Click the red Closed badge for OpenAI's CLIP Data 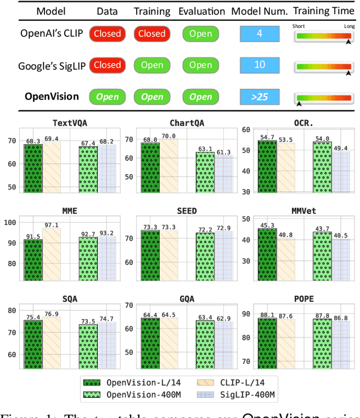[107, 34]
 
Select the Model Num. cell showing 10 [259, 65]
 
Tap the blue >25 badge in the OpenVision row [259, 97]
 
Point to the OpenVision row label [52, 96]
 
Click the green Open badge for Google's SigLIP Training [152, 65]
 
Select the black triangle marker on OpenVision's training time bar [299, 104]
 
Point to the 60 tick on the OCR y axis [245, 130]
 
